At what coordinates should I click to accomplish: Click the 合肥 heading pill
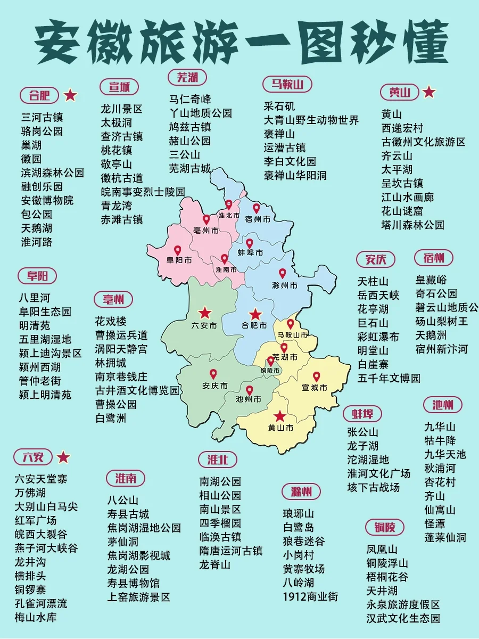pos(39,96)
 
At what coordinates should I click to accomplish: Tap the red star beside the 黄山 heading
pos(429,93)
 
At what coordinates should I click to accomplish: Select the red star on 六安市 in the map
pos(205,313)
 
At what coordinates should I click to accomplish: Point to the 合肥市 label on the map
pos(254,325)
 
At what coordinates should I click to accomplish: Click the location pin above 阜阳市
pos(177,250)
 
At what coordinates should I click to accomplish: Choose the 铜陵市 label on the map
pos(270,371)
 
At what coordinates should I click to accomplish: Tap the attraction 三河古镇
pos(42,117)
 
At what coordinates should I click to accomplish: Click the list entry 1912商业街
pos(310,597)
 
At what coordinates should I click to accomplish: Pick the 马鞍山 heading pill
pos(287,84)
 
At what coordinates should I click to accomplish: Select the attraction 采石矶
pos(279,106)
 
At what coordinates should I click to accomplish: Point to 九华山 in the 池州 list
pos(440,427)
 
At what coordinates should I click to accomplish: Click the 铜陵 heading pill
pos(385,528)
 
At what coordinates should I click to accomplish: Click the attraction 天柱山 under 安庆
pos(373,281)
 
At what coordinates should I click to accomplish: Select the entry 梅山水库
pos(36,618)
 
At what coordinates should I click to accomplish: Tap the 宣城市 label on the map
pos(314,388)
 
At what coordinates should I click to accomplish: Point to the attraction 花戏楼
pos(111,322)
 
